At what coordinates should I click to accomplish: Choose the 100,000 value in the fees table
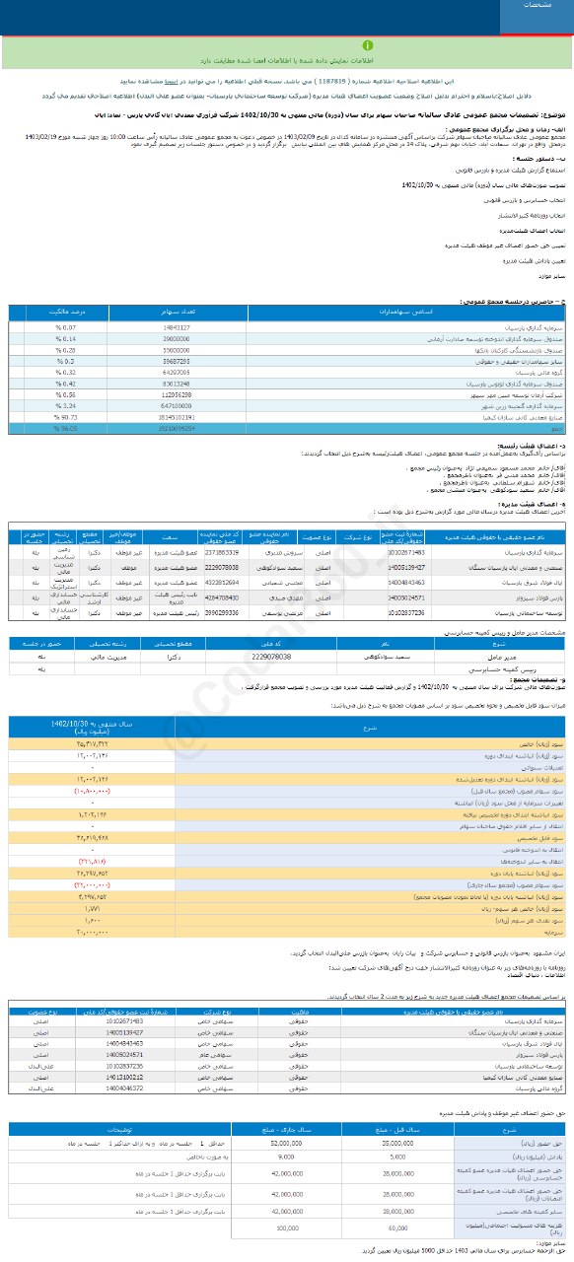point(286,1228)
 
